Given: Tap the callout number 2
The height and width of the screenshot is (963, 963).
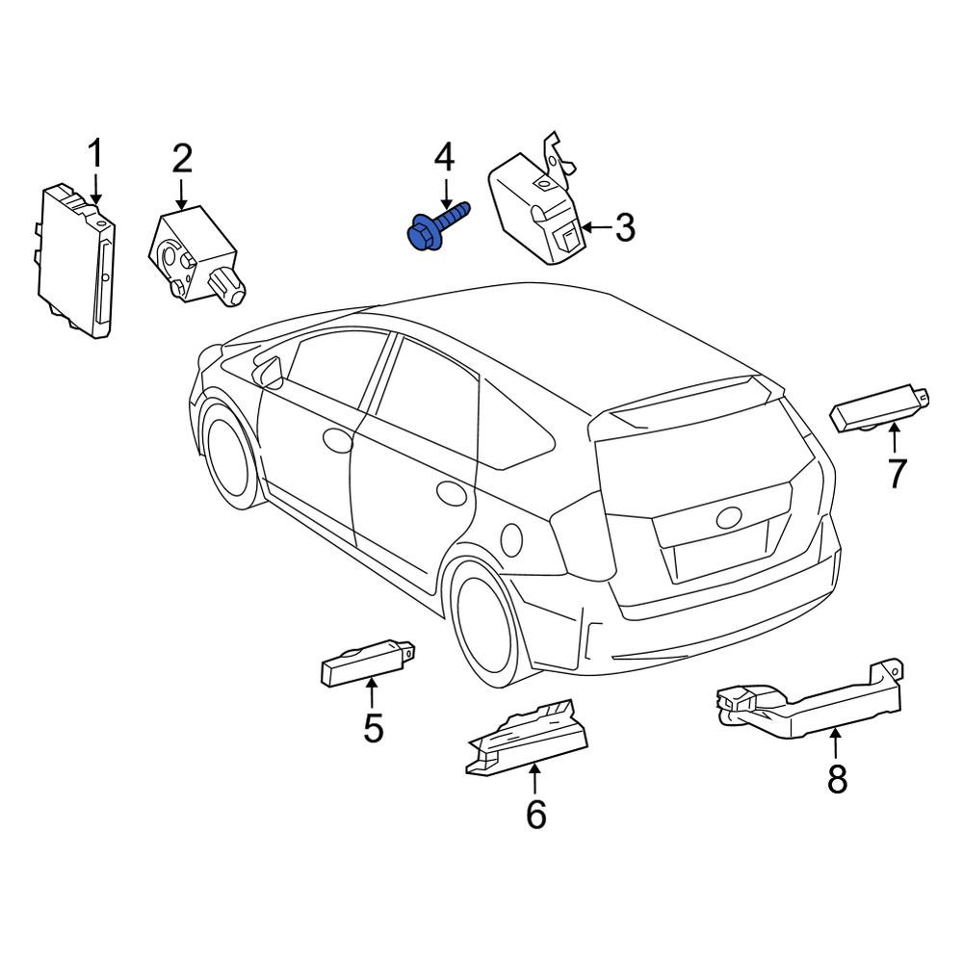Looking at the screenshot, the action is point(182,159).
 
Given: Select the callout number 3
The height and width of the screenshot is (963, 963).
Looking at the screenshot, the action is point(624,228).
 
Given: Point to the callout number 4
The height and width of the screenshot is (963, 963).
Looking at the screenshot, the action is point(444,157).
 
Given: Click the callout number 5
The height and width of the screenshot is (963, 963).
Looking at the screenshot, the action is point(373,728).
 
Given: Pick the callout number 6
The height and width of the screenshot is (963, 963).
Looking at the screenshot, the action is point(536,815).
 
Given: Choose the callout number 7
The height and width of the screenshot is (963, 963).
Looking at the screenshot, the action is point(898,474).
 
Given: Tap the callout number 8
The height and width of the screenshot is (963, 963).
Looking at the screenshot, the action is point(837,779).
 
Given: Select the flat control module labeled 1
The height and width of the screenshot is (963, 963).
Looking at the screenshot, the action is point(76,260).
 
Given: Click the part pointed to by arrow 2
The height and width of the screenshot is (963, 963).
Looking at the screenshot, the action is point(194,255).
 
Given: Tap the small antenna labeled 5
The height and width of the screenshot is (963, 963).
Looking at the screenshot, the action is point(367,663).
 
